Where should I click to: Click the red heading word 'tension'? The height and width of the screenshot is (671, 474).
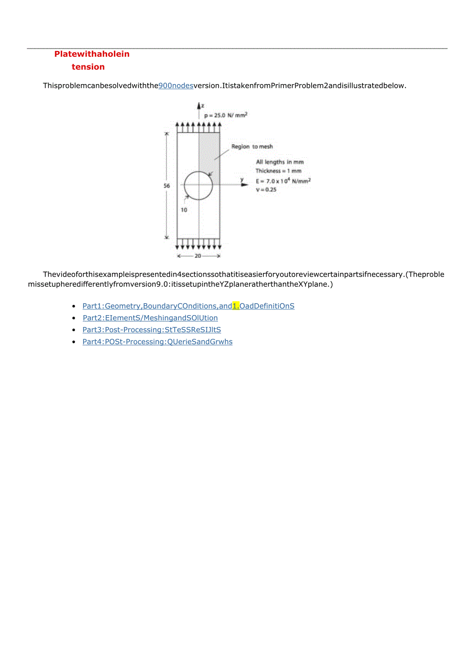tap(88, 67)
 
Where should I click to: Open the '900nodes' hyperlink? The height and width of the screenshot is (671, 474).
tap(176, 86)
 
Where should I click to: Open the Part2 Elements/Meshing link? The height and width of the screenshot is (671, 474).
tap(150, 318)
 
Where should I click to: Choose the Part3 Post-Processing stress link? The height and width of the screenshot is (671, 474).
tap(151, 330)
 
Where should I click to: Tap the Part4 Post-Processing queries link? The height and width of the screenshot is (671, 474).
tap(157, 341)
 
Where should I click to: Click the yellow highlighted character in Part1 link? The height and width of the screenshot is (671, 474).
tap(236, 306)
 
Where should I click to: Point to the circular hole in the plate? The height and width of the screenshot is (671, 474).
tap(198, 185)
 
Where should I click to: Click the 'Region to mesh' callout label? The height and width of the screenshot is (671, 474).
tap(252, 147)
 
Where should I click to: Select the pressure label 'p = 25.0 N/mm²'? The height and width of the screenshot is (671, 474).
tap(226, 116)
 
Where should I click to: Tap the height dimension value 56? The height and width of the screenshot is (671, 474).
tap(166, 186)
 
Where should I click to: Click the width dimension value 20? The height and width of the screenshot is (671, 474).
tap(198, 256)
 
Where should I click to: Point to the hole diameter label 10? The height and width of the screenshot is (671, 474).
tap(183, 210)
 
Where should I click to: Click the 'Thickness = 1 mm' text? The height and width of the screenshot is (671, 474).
tap(279, 171)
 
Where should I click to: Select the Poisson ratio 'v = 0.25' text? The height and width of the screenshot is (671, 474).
tap(266, 190)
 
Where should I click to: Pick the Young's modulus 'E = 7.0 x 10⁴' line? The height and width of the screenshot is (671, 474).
tap(283, 181)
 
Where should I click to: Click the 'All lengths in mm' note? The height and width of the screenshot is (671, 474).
tap(280, 162)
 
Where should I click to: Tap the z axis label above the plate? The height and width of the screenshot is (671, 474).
tap(202, 106)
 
